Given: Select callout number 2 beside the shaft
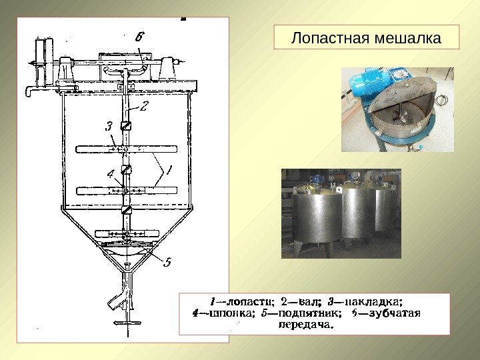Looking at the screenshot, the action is (144, 105).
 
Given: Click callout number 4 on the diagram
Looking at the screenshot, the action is (111, 174).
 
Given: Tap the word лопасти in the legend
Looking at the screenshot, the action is (247, 299).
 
